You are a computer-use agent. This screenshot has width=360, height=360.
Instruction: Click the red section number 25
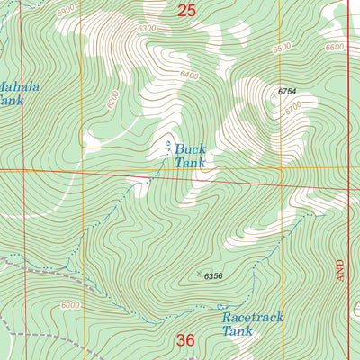coord(186,11)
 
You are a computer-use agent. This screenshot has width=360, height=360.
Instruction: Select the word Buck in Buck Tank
coord(191,149)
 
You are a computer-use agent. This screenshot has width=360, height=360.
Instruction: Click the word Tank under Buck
coord(191,163)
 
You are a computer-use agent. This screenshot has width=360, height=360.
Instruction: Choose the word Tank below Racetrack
coord(238,331)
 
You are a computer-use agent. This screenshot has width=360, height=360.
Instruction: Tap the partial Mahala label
coord(19,87)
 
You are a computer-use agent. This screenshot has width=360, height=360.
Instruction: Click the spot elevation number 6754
coord(287,92)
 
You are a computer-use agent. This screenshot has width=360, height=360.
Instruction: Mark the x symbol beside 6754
coord(274,93)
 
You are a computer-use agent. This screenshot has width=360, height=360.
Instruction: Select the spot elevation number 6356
coord(212,275)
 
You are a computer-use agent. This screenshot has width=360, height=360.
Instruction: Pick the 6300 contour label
coord(147,30)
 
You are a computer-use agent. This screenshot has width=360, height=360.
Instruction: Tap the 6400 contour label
coord(188,76)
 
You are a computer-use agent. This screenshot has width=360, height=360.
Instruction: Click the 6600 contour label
coord(335,47)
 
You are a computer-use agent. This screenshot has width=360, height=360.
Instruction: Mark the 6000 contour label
coord(71,306)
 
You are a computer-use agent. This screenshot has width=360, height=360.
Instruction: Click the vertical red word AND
coord(340,267)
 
